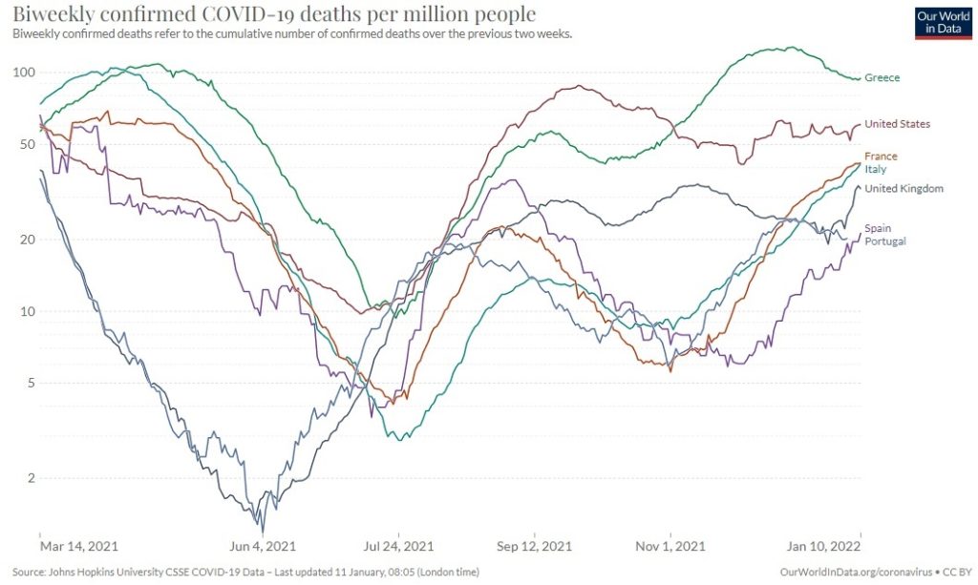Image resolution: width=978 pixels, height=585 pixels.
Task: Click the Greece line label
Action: (882, 78)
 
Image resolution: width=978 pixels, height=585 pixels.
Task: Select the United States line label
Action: (897, 124)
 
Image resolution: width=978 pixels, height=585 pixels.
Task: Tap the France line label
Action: (881, 157)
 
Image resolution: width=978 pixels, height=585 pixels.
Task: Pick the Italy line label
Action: (876, 169)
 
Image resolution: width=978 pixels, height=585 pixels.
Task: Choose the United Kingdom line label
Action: (904, 189)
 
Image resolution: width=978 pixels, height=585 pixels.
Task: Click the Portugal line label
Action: (884, 241)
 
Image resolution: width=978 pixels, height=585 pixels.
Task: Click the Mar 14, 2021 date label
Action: (79, 547)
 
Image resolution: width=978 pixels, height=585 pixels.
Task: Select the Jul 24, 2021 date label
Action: (399, 547)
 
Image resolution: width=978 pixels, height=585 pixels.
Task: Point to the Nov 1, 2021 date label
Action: (671, 547)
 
